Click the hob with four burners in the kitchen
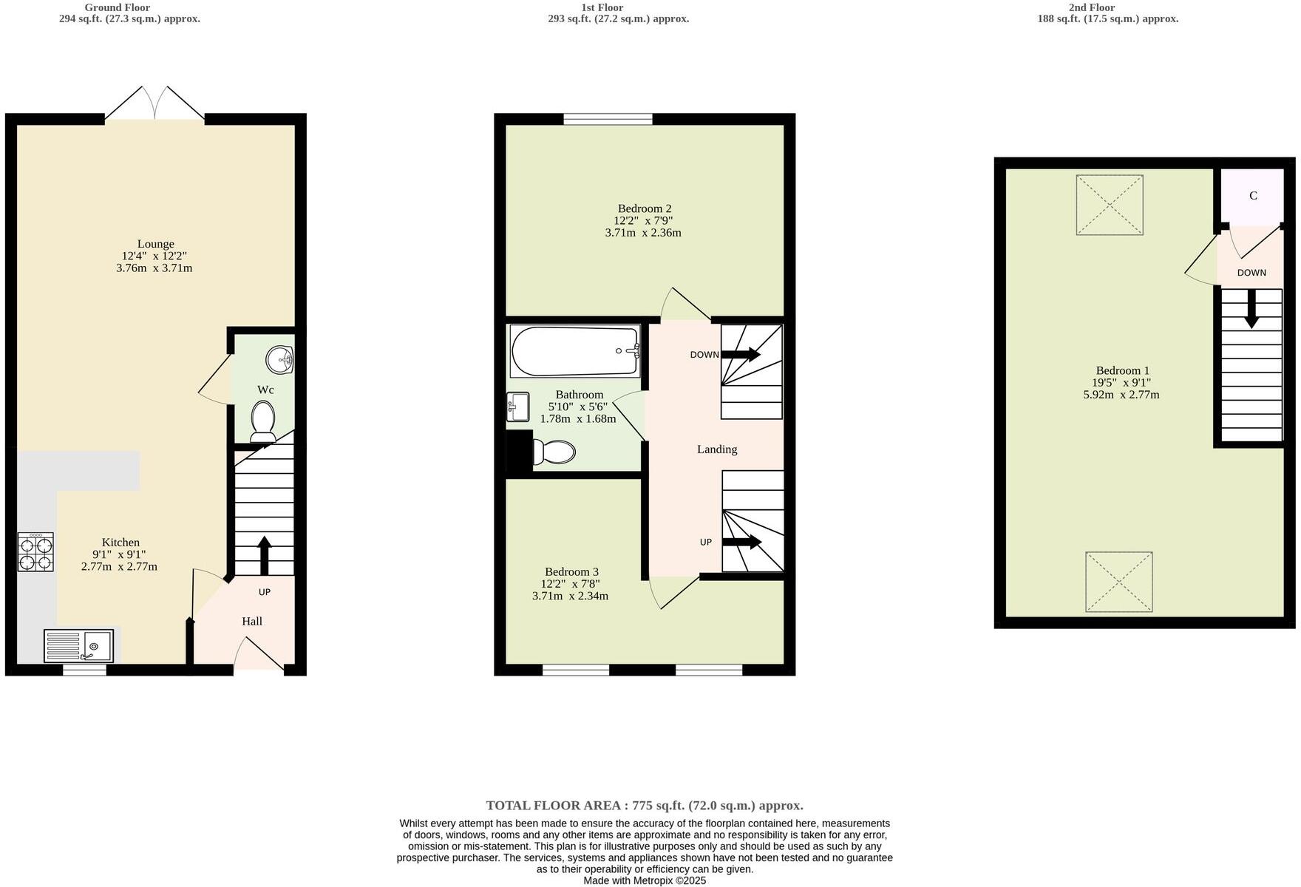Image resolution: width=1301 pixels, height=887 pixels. click(x=35, y=552)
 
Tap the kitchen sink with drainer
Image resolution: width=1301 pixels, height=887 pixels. click(x=78, y=646)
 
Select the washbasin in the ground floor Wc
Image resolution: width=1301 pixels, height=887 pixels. click(x=280, y=361)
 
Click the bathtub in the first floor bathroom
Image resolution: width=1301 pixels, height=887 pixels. click(x=575, y=352)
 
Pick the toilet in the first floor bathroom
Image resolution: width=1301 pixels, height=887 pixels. click(x=554, y=452)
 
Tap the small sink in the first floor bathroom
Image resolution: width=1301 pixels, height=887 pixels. click(x=518, y=407)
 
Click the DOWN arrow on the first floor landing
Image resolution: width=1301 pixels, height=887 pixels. click(x=741, y=355)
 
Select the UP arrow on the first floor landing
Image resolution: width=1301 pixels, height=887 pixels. click(x=742, y=543)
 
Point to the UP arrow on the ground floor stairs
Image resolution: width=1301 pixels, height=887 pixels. click(x=264, y=555)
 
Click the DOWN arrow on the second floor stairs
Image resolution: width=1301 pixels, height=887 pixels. click(x=1251, y=308)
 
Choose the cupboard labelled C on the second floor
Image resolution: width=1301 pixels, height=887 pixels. click(x=1253, y=196)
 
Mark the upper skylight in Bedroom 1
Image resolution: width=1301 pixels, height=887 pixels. click(x=1110, y=205)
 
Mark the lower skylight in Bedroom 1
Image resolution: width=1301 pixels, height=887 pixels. click(x=1118, y=582)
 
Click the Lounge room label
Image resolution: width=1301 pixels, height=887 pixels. click(x=155, y=244)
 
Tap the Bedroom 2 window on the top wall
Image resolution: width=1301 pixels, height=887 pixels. click(x=608, y=119)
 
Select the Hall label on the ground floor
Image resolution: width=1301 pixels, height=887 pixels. click(x=252, y=622)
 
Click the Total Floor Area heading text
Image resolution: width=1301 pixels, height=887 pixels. click(x=645, y=806)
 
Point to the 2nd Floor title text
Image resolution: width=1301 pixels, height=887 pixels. click(x=1091, y=7)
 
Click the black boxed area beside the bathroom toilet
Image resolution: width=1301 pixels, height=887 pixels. click(x=519, y=450)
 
